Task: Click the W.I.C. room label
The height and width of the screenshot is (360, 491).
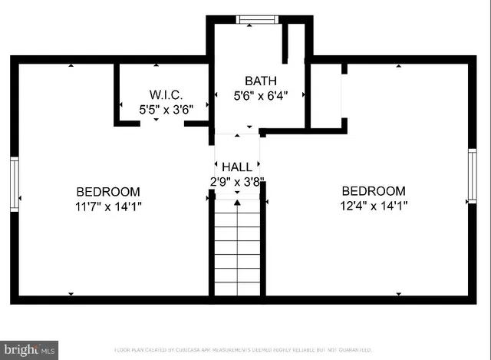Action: [x=165, y=95]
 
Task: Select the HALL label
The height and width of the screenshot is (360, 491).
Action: [x=237, y=167]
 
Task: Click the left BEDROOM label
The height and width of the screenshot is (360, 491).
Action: [x=107, y=191]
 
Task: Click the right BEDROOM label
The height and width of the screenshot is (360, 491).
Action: [x=374, y=191]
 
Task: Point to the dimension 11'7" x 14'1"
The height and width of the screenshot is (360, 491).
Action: [x=107, y=206]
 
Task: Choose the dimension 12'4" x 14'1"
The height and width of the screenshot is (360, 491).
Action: [x=374, y=206]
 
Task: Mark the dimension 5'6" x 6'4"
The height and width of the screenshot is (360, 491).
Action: [x=260, y=96]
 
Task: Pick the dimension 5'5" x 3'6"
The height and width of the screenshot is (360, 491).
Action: [x=165, y=110]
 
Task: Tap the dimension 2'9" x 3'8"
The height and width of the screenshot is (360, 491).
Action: [x=237, y=181]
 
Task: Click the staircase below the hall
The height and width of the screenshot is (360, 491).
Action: [x=237, y=249]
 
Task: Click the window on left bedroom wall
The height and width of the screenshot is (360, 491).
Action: [x=14, y=183]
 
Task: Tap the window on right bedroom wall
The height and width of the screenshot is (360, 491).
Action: [x=472, y=177]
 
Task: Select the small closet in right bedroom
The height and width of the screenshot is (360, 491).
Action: [x=326, y=96]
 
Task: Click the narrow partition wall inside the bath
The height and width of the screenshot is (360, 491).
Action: [x=285, y=42]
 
